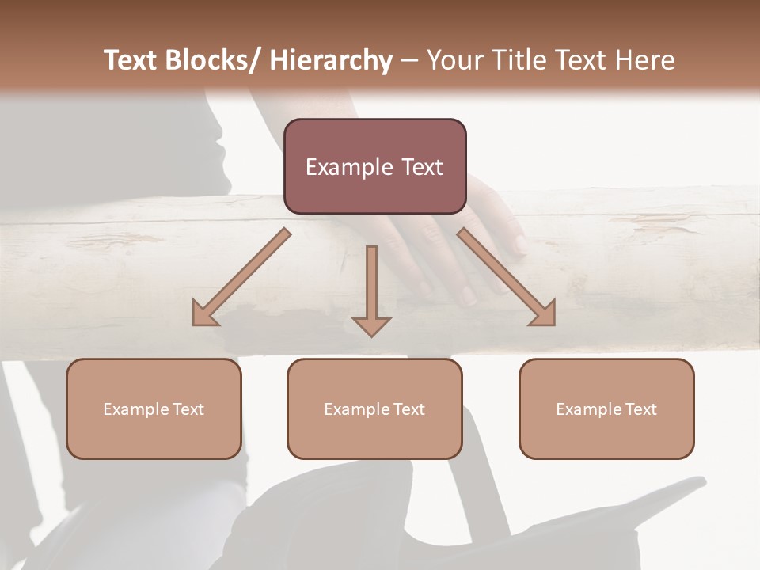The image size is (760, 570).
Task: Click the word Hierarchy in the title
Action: tap(331, 60)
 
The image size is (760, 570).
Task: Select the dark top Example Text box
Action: tap(374, 166)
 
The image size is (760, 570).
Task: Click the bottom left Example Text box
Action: tap(154, 408)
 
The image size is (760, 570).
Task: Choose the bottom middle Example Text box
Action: tap(374, 408)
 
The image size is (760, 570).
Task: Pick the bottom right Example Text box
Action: tap(606, 408)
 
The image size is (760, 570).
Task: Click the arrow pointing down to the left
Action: tap(241, 277)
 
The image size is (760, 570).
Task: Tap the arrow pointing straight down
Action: tap(371, 289)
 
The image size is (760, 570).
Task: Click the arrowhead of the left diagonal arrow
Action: tap(204, 314)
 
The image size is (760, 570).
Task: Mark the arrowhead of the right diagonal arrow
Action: tap(544, 314)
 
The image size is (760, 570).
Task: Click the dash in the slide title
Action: tap(409, 60)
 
